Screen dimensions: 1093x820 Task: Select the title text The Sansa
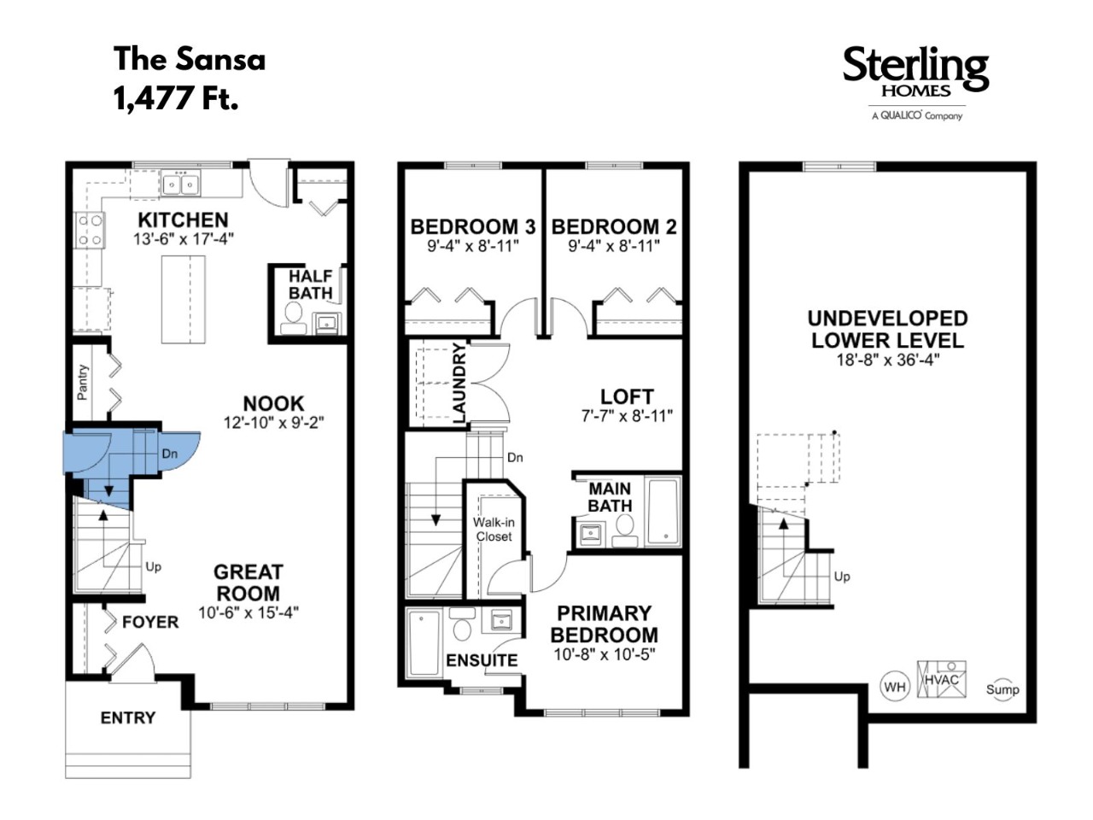click(x=190, y=59)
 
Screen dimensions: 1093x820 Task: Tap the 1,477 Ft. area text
click(x=176, y=97)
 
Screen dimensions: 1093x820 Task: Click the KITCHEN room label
click(x=184, y=220)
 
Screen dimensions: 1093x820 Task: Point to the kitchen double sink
click(x=180, y=184)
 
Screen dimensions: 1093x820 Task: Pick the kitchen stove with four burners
click(x=90, y=230)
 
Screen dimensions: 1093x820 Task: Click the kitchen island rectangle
click(x=184, y=299)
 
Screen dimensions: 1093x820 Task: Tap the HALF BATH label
click(x=310, y=284)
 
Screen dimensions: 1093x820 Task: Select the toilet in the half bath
click(x=293, y=318)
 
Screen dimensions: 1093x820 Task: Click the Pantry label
click(x=83, y=382)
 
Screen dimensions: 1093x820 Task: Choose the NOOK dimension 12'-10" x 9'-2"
click(x=274, y=423)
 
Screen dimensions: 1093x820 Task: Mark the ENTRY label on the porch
click(x=128, y=717)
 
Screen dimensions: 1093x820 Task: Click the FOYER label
click(x=150, y=622)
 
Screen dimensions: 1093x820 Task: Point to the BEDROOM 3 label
click(x=472, y=227)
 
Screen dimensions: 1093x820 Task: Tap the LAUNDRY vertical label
click(x=459, y=383)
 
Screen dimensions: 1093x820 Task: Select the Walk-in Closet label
click(x=494, y=530)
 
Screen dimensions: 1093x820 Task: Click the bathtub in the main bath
click(x=663, y=510)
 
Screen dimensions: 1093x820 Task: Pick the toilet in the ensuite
click(x=462, y=624)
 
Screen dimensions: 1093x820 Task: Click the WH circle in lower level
click(x=894, y=687)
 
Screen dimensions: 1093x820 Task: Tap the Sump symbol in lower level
click(x=1002, y=690)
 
